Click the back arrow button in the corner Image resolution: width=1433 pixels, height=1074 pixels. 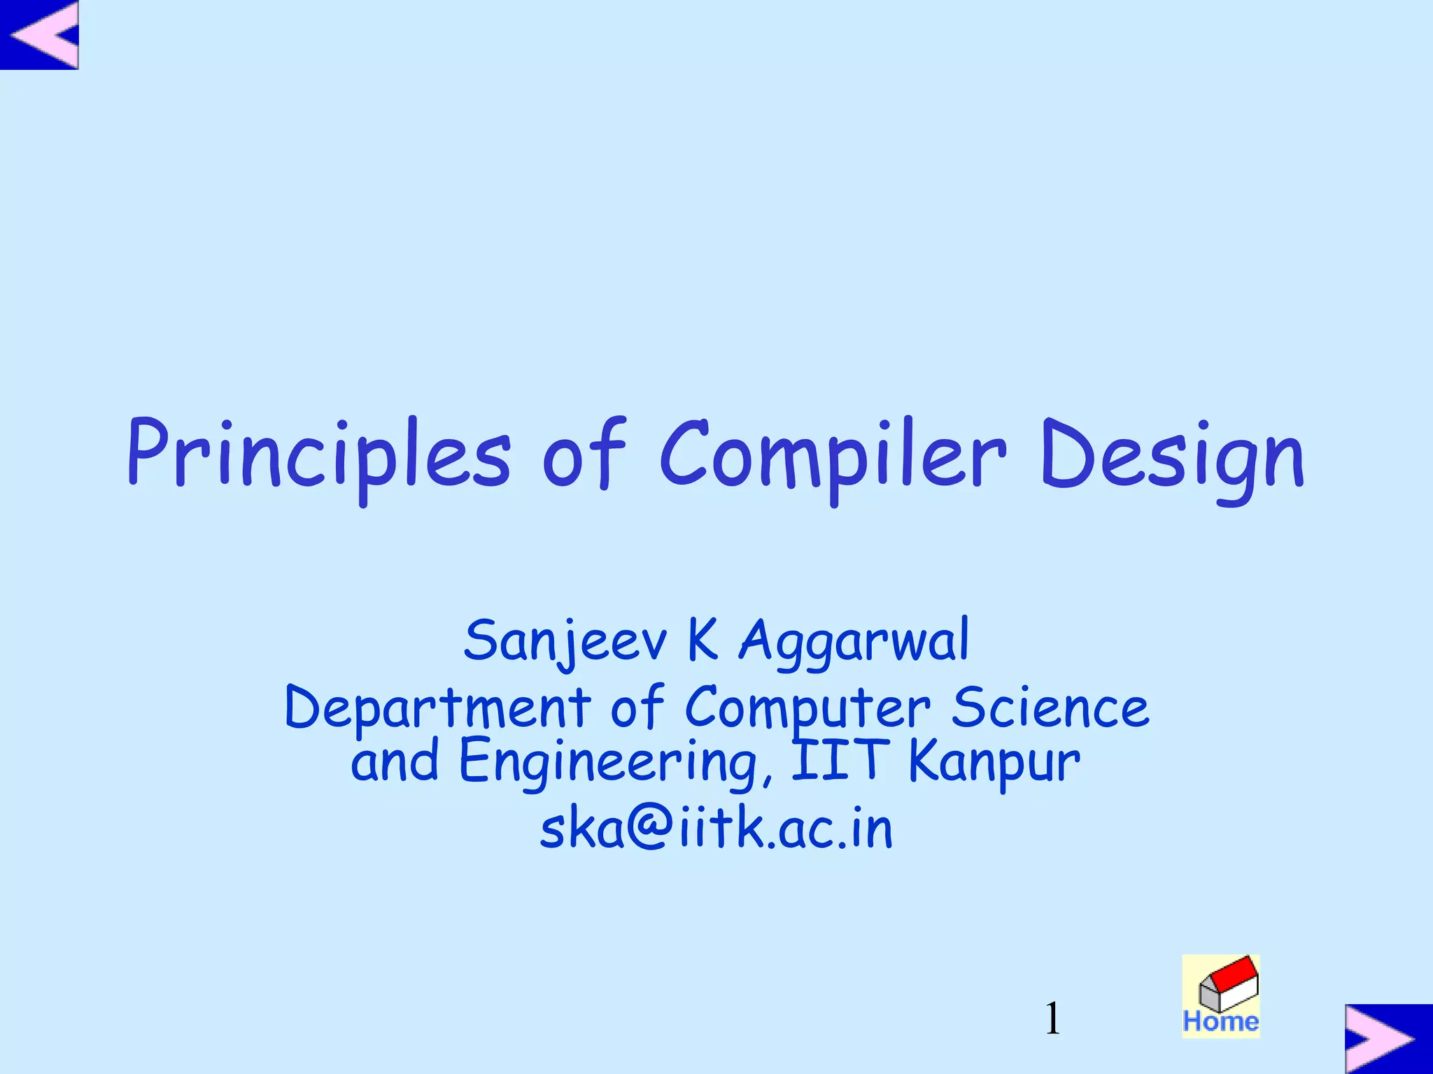point(40,34)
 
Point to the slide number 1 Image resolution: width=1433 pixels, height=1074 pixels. point(1052,1018)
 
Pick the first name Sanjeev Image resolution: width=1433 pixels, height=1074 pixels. point(565,642)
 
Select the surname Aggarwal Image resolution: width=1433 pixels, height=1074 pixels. point(854,642)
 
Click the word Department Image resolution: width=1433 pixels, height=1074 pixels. point(437,708)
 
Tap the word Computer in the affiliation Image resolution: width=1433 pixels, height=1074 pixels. point(807,708)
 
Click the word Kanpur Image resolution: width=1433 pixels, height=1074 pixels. point(994,762)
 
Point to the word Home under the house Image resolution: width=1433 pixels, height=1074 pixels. point(1221,1022)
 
